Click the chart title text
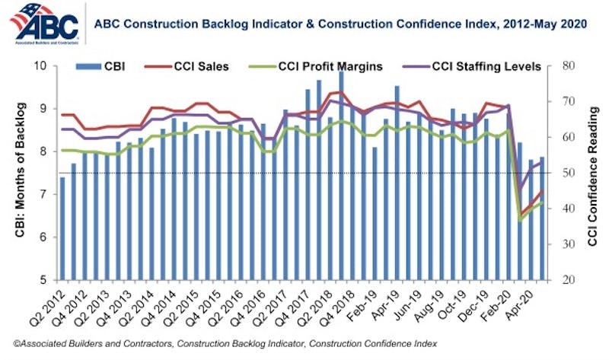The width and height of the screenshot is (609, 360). point(340,25)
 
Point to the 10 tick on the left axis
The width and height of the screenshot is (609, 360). point(41,66)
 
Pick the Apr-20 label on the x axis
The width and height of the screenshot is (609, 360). point(533,303)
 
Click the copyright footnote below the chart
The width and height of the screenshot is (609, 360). point(225,343)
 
